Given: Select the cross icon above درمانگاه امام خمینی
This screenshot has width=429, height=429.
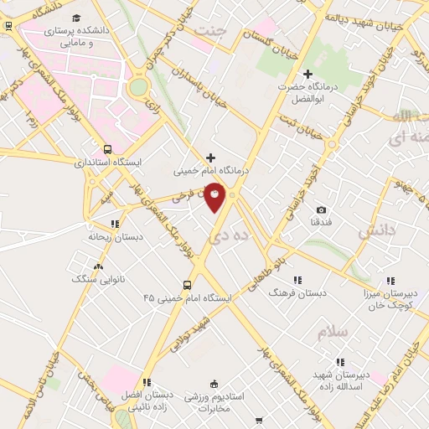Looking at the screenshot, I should pyautogui.click(x=209, y=157).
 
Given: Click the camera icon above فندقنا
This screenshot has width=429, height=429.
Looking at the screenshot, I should pyautogui.click(x=322, y=209).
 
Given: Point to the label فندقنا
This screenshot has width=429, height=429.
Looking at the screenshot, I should pyautogui.click(x=322, y=223).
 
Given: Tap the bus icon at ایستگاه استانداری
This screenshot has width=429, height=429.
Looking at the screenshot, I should pyautogui.click(x=105, y=148).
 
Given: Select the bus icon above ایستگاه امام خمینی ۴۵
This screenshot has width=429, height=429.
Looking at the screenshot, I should pyautogui.click(x=188, y=284).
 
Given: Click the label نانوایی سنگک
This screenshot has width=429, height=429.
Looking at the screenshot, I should pyautogui.click(x=92, y=278).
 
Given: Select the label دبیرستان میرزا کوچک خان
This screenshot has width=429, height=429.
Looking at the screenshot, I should pyautogui.click(x=389, y=299).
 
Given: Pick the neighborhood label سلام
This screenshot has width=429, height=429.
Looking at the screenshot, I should pyautogui.click(x=332, y=332).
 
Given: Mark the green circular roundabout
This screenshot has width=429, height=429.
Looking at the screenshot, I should pyautogui.click(x=138, y=87).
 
